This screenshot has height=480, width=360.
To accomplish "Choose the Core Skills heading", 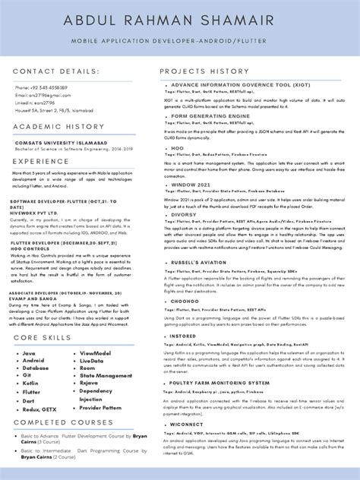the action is pos(43,336).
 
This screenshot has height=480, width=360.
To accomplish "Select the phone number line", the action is pos(40,88).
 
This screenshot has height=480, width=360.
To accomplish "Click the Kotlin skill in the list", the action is pos(30,384).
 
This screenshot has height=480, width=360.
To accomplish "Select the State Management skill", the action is pos(103,376).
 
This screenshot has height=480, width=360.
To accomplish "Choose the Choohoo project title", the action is pos(188,301).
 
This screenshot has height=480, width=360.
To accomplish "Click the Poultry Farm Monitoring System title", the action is pos(220,384).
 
